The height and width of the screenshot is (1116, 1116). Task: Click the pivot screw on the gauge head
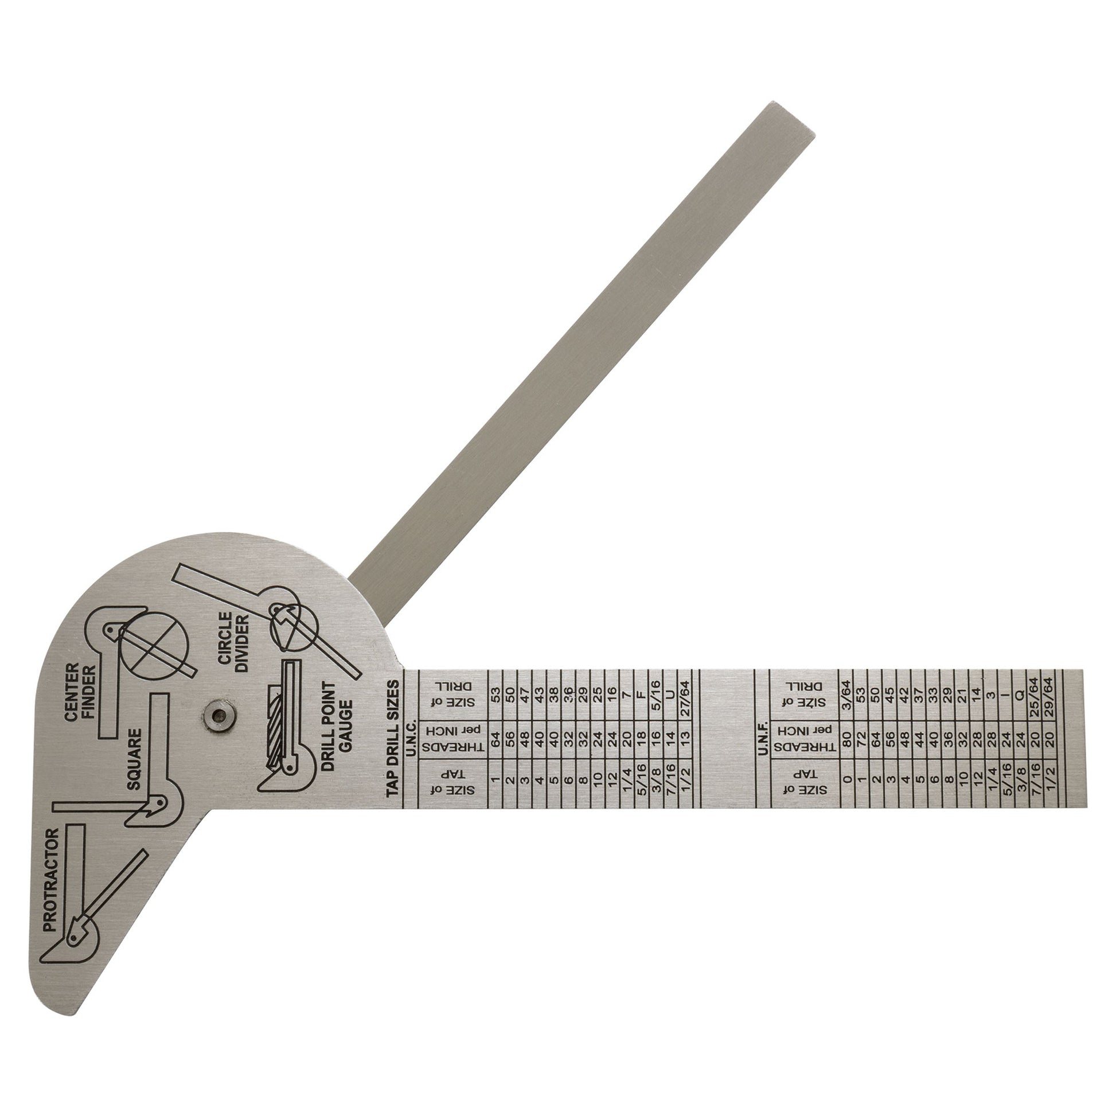[218, 717]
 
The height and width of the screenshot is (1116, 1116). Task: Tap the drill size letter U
[670, 696]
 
